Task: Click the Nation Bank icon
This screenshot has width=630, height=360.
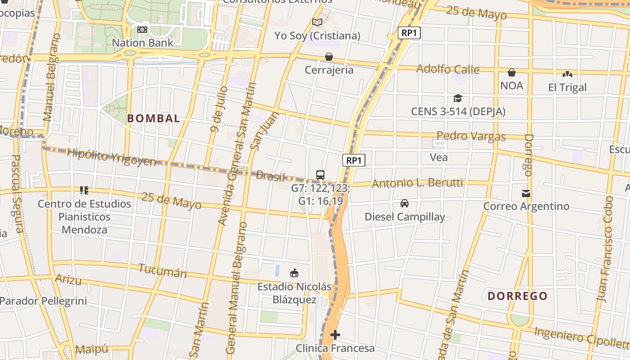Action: [x=142, y=30]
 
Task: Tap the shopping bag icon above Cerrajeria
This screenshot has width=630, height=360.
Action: [x=329, y=57]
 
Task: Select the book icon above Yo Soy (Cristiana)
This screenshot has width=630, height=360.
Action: [x=317, y=22]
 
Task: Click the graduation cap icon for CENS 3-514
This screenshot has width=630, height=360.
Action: [x=458, y=98]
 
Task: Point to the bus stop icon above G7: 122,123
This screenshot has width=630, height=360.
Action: [x=320, y=175]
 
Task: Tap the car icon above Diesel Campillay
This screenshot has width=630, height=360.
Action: [x=405, y=203]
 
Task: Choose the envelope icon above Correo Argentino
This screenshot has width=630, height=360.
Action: [x=526, y=193]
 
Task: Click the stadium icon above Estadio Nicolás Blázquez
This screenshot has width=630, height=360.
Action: [x=294, y=273]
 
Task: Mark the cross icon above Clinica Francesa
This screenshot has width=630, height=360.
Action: [x=335, y=335]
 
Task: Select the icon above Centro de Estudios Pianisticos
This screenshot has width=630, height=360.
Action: [x=84, y=190]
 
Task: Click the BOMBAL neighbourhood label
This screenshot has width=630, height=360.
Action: [x=153, y=119]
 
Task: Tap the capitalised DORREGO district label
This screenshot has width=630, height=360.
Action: [x=517, y=296]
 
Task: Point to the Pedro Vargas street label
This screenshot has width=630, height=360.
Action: [x=471, y=136]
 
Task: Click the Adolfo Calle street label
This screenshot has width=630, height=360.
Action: [x=448, y=69]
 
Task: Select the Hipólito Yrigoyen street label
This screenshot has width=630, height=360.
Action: [x=111, y=157]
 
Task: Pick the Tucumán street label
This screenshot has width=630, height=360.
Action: [x=162, y=271]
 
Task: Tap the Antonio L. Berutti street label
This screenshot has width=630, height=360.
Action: [x=417, y=183]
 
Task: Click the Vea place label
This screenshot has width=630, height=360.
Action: [x=439, y=157]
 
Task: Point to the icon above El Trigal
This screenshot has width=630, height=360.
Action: [x=567, y=74]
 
